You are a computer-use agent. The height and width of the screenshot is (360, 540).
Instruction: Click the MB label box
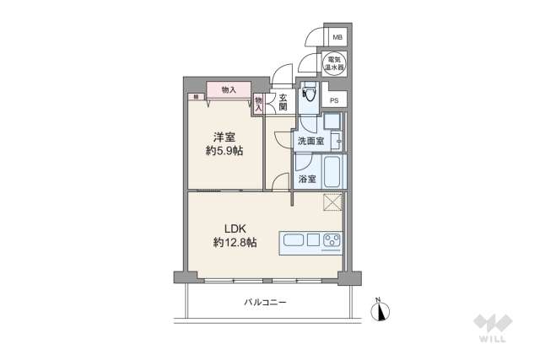point(337,38)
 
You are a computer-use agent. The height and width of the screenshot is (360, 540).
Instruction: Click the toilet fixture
point(308,98)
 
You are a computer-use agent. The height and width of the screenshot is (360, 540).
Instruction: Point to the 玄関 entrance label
point(283,102)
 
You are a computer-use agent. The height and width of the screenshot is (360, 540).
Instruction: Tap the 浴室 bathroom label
point(307,179)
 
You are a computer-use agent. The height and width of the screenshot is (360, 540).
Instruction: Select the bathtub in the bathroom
point(332,173)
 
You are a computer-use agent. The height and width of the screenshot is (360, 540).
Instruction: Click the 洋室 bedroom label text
point(223,137)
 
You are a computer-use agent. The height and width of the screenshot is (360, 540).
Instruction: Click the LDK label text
point(235,228)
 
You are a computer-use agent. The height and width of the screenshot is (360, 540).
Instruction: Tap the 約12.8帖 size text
point(235,243)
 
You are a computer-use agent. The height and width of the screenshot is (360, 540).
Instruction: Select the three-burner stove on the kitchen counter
point(330,241)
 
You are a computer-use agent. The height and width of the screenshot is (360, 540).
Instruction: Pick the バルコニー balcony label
point(265,301)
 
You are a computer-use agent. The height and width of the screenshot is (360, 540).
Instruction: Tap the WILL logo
point(493,327)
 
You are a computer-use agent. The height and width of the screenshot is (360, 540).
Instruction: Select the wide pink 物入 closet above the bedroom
point(228,89)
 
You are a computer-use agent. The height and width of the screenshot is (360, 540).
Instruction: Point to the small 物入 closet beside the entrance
point(259,103)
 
